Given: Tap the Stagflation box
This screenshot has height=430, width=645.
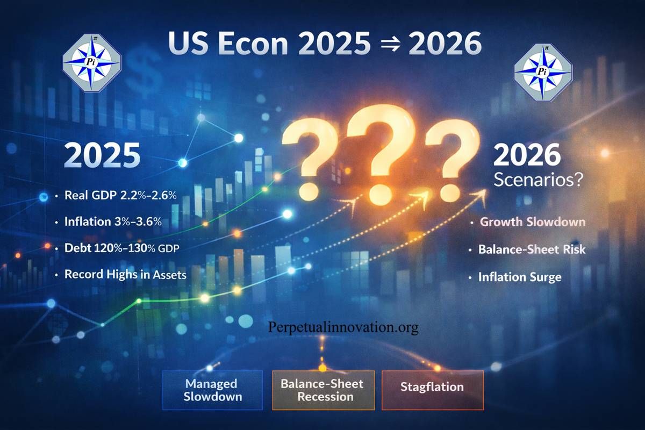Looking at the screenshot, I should (432, 387).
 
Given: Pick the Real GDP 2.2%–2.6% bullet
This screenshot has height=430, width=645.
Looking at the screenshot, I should (120, 196).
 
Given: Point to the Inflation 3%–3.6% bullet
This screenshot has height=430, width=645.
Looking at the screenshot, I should (113, 221).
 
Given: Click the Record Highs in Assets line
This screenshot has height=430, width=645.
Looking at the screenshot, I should (125, 275).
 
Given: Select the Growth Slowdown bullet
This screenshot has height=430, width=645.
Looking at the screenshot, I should (532, 222).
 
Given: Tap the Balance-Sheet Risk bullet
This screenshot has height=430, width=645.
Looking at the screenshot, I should (532, 250).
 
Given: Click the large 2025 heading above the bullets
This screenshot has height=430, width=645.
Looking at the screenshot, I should (102, 155).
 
